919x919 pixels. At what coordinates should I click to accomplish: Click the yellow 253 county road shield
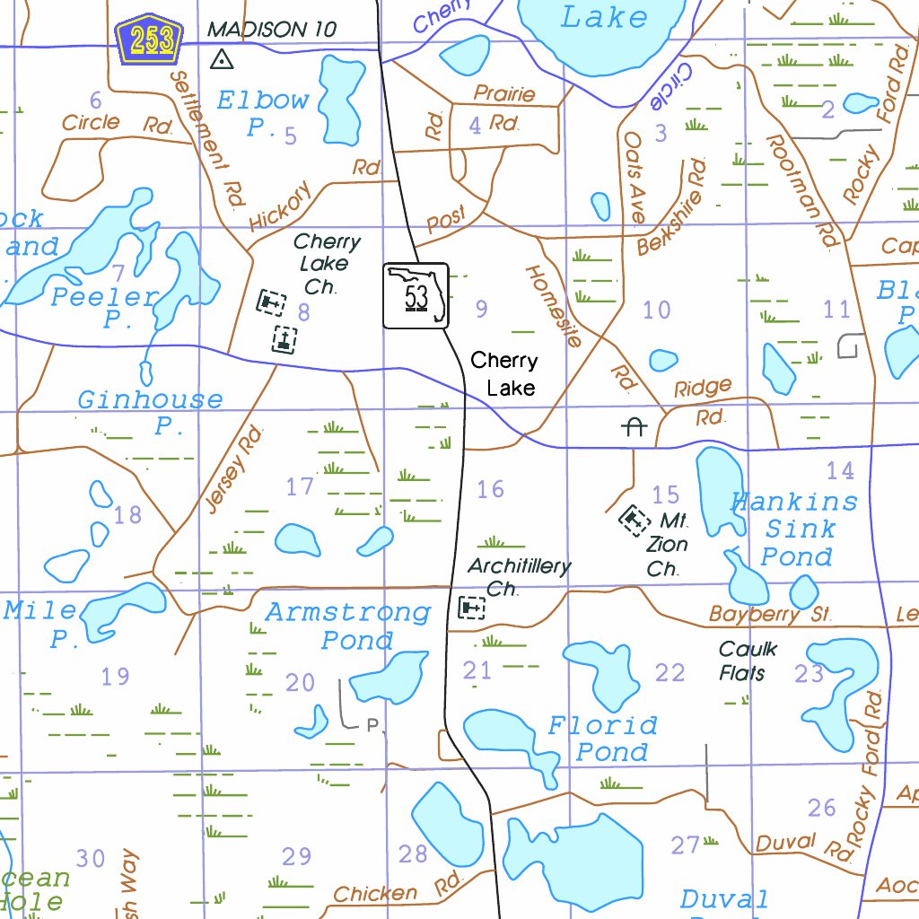149,40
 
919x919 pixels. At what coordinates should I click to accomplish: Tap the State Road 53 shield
416,296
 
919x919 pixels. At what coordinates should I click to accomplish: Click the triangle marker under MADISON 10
221,60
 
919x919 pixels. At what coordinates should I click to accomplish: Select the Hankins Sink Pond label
794,529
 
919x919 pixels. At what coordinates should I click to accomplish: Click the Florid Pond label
603,738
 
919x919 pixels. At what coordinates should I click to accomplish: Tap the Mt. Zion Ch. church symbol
635,518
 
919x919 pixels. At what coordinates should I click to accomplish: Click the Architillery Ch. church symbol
471,608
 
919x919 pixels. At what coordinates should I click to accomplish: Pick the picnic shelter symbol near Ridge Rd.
634,427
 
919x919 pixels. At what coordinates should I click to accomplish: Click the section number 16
490,489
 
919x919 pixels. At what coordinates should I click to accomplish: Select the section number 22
670,672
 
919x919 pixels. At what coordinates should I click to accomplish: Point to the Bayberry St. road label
770,615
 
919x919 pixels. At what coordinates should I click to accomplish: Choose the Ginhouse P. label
151,412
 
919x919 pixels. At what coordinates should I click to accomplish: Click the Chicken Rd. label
396,890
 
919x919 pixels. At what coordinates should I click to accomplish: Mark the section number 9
482,310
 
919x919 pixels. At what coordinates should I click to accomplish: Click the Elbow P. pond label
263,113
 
